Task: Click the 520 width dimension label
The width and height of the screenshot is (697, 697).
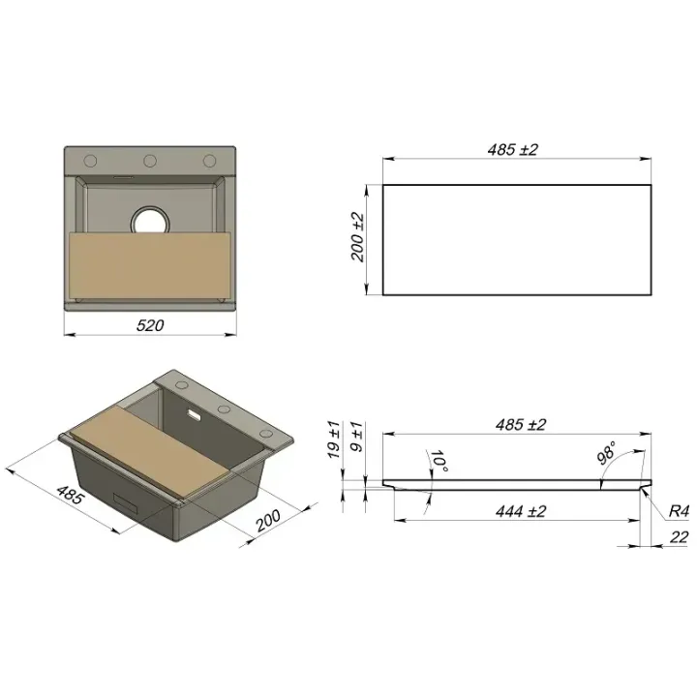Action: click(150, 325)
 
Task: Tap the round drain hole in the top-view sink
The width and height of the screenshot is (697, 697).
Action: click(150, 220)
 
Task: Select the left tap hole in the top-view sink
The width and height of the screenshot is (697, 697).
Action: click(90, 161)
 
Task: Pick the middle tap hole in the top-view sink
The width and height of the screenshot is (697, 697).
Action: click(150, 161)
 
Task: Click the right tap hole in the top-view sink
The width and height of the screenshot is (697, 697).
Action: click(209, 161)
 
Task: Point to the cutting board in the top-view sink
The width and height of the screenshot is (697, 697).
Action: click(150, 265)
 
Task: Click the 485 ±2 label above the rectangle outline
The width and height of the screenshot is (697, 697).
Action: click(512, 149)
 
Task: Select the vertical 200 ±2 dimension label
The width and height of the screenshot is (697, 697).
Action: click(358, 237)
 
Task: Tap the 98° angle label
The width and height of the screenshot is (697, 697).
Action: click(606, 452)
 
